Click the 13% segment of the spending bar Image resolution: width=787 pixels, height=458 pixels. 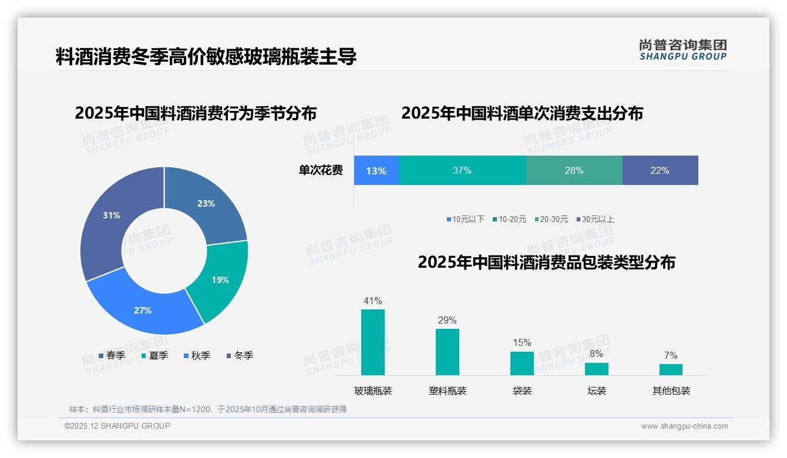(376, 170)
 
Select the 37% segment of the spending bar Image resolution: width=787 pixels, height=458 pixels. (462, 170)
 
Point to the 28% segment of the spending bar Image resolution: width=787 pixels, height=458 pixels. (574, 170)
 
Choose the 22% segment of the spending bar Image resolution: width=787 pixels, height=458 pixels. (660, 170)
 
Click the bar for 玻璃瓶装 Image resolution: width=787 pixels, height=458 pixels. (373, 342)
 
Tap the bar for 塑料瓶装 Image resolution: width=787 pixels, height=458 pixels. (448, 352)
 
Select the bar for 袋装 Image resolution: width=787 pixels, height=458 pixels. (522, 363)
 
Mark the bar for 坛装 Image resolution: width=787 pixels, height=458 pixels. (597, 369)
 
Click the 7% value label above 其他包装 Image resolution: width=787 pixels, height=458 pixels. (671, 355)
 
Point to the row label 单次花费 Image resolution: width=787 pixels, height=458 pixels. (321, 170)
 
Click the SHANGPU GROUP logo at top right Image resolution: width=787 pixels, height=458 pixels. (682, 49)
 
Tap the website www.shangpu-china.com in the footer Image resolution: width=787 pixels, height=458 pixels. (684, 426)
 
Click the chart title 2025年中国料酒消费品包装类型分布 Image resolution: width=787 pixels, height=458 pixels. (546, 262)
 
